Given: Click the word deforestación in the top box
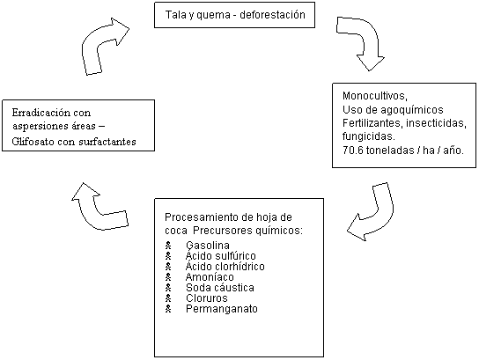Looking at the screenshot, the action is [272, 15].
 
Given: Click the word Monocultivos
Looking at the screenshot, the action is [375, 96].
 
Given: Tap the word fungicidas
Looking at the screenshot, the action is [369, 136].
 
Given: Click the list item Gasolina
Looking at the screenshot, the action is [208, 246].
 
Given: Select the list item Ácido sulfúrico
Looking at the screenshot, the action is [220, 256].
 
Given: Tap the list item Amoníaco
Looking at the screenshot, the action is [210, 277].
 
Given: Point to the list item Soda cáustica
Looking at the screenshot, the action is [220, 288].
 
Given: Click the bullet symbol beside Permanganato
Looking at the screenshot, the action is [168, 309].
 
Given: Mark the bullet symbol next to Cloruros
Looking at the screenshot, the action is [168, 298].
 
